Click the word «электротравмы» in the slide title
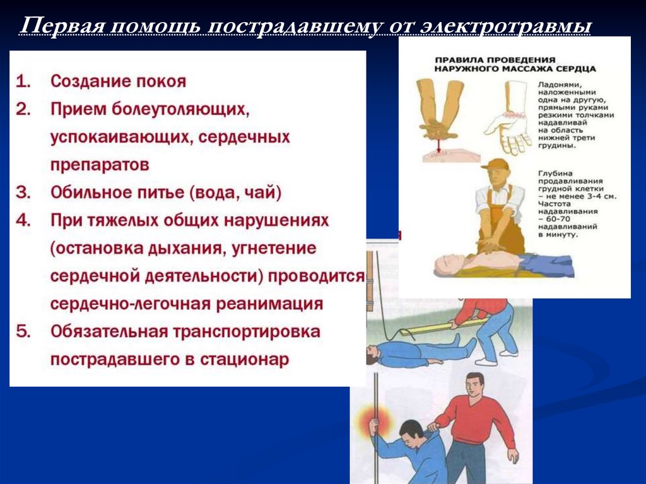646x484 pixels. point(505,27)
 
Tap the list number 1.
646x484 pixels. point(23,81)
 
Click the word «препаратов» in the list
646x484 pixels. point(100,165)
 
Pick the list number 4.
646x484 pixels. point(23,221)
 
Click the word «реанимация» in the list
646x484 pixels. point(269,304)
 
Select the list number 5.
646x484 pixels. point(23,332)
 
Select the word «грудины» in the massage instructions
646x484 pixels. point(551,146)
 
